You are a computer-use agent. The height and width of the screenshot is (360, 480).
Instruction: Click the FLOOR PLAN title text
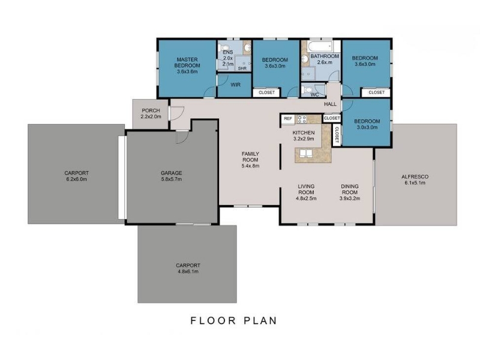234,320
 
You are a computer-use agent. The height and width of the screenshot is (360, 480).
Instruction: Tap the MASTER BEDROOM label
187,62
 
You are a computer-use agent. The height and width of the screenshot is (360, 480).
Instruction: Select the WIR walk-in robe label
235,85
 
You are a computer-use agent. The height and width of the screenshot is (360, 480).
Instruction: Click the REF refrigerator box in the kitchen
288,119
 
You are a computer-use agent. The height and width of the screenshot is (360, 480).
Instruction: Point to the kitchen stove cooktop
302,119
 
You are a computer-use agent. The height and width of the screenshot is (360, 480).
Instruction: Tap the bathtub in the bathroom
320,47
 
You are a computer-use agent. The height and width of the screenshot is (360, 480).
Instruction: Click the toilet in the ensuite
224,48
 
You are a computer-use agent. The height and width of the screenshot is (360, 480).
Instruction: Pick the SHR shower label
242,68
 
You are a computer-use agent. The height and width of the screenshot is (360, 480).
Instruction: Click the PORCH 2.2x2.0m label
151,113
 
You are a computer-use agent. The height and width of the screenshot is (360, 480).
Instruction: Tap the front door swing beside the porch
176,113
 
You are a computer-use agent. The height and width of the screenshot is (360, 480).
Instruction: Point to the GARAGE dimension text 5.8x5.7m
172,179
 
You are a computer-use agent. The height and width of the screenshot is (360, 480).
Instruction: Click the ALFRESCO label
415,176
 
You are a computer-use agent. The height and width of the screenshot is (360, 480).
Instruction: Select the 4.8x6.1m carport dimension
188,272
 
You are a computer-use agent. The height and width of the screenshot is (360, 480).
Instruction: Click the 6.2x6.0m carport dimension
77,179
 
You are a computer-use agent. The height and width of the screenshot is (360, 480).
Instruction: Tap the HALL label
331,104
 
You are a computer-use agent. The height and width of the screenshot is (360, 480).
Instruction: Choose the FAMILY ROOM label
250,157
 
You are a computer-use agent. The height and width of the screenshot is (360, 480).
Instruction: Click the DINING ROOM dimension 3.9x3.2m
350,199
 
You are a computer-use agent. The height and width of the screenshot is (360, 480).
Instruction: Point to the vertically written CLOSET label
337,136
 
